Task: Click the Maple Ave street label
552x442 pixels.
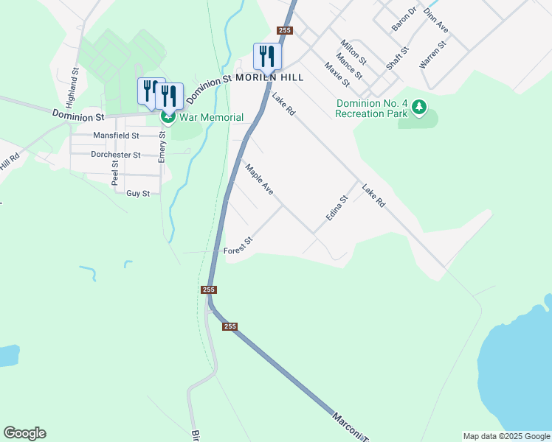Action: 260,179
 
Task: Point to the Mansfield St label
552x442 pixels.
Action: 116,136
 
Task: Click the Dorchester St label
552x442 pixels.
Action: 115,155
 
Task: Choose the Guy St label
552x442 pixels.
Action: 138,193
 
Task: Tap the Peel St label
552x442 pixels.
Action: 115,172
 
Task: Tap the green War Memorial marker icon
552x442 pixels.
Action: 168,117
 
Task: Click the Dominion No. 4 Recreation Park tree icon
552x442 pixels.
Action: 419,108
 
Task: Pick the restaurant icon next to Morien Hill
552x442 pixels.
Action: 266,55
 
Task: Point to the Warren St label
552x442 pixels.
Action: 433,55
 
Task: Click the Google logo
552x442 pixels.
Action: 24,433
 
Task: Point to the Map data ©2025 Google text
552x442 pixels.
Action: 506,436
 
